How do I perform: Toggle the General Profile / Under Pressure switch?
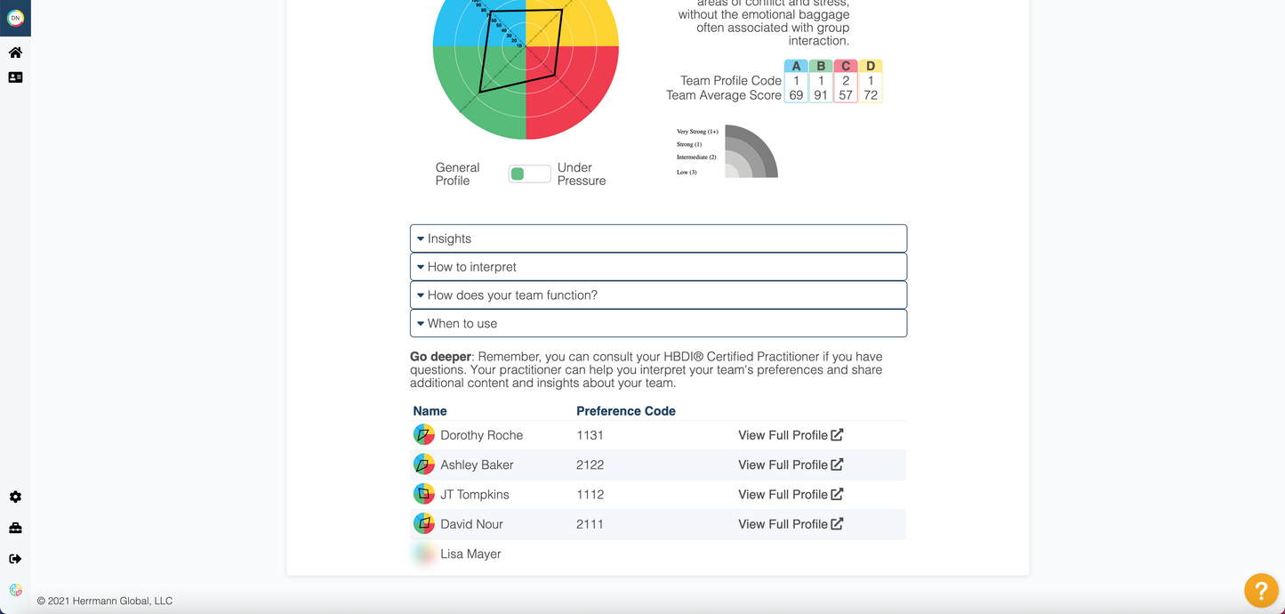point(529,174)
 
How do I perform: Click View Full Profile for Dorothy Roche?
point(791,435)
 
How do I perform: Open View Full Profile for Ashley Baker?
point(791,465)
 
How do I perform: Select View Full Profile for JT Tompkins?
point(791,495)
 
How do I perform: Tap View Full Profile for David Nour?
point(791,524)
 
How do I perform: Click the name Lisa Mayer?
point(470,553)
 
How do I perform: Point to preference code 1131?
point(590,435)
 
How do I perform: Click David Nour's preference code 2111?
point(590,524)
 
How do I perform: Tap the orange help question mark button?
point(1261,590)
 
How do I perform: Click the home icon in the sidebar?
point(15,53)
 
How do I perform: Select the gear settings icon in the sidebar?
point(15,497)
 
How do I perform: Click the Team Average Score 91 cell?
point(821,95)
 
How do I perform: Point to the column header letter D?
point(871,66)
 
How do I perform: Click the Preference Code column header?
point(625,411)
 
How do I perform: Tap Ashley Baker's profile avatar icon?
point(424,465)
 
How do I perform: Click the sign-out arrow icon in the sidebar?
point(15,559)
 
